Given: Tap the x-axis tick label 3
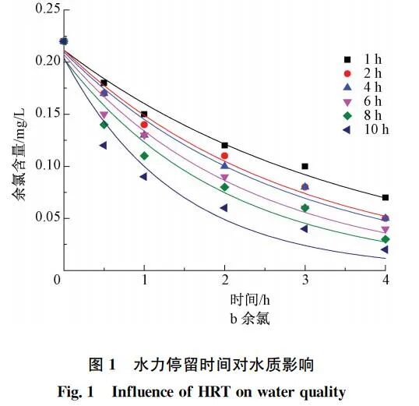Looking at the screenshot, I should point(305,280).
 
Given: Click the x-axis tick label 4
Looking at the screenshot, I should point(386,280).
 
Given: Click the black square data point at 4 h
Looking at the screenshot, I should point(386,198).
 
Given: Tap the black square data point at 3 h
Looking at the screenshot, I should point(305,166).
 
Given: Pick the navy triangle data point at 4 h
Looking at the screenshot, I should point(385,249).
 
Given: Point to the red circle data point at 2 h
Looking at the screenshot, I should point(224,156).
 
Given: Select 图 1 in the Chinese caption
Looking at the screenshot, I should point(104,364).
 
